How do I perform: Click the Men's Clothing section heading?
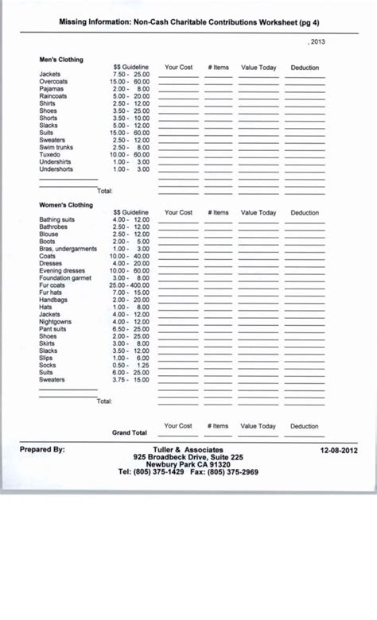[x=61, y=60]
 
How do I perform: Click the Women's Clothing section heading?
[x=66, y=205]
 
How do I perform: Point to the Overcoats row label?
[x=53, y=82]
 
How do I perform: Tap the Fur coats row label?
[x=52, y=285]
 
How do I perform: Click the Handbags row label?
[x=53, y=300]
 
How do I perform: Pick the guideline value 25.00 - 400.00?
[x=129, y=285]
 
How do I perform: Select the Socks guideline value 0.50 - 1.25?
[x=130, y=365]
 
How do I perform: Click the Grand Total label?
[x=130, y=433]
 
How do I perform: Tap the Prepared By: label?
[x=42, y=450]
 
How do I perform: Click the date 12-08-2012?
[x=339, y=450]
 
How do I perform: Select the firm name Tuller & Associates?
[x=188, y=450]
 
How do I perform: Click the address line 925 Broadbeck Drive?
[x=188, y=457]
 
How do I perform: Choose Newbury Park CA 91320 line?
[x=188, y=465]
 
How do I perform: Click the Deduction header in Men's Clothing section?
[x=305, y=68]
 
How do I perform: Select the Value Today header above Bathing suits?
[x=258, y=213]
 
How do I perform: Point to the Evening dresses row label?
[x=62, y=270]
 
